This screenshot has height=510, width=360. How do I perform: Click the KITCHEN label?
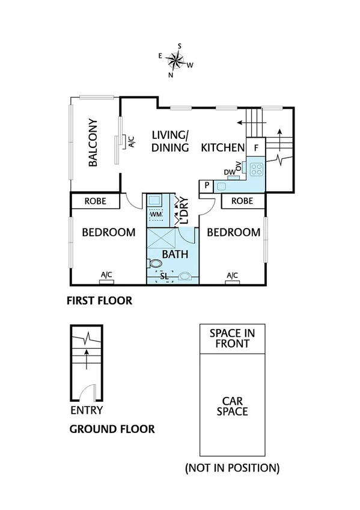point(222,147)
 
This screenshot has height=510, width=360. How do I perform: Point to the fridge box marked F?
point(256,147)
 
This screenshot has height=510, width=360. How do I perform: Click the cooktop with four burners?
point(257,168)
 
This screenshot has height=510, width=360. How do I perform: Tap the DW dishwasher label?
point(230,172)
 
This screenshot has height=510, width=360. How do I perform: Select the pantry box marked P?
point(207,186)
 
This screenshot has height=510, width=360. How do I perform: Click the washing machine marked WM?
point(156,214)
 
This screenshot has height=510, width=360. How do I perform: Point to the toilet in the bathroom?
point(155,263)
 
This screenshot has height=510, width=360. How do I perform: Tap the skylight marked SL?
point(164,276)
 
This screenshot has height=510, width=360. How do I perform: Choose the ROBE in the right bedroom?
point(242,201)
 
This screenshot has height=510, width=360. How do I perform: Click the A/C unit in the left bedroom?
point(106,276)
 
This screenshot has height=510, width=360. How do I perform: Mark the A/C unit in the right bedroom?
point(233,276)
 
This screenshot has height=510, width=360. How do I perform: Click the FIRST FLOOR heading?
point(99,300)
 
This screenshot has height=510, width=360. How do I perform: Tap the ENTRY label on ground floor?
point(87,410)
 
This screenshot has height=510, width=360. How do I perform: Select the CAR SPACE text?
point(232,406)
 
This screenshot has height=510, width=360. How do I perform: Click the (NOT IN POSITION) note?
point(232,467)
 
